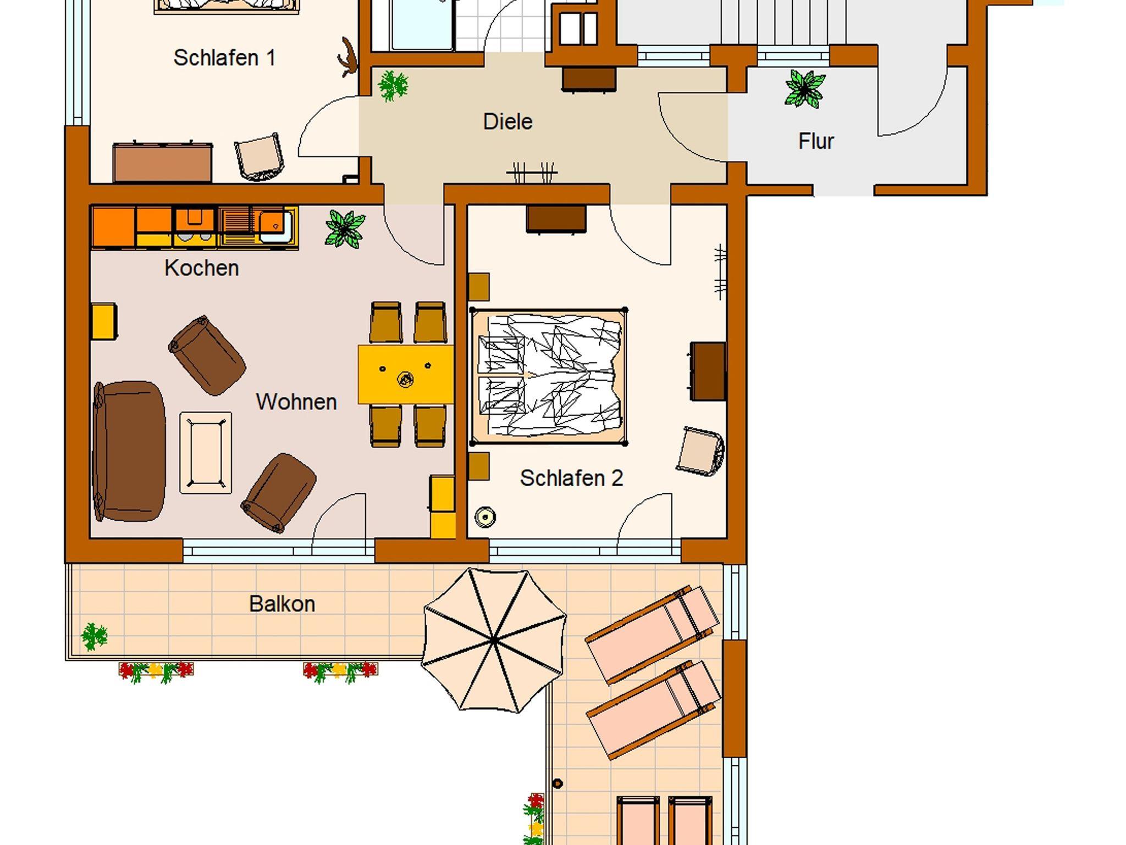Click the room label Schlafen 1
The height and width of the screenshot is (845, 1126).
(x=224, y=58)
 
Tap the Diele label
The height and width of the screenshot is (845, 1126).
(x=507, y=121)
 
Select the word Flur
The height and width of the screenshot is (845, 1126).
(x=816, y=141)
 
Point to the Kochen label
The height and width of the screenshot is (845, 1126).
(x=201, y=268)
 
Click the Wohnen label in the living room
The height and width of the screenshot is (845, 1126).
(x=296, y=402)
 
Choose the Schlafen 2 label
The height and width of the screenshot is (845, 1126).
(x=571, y=478)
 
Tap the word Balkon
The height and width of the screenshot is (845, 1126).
(x=282, y=604)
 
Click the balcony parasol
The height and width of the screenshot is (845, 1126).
(x=494, y=641)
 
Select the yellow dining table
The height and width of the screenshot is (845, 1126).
(x=406, y=375)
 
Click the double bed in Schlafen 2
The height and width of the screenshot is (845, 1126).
(x=549, y=377)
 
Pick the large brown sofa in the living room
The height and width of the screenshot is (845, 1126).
(x=129, y=451)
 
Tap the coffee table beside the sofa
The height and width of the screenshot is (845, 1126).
(x=206, y=453)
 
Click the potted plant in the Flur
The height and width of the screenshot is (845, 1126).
(x=805, y=88)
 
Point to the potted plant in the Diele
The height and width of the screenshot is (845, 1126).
(x=393, y=85)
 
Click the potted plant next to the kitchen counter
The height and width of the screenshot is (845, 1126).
(x=345, y=228)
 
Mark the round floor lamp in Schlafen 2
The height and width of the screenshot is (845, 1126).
(x=485, y=517)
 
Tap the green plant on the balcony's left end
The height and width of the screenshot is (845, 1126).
(x=94, y=637)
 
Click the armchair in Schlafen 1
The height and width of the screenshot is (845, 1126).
(x=260, y=157)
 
